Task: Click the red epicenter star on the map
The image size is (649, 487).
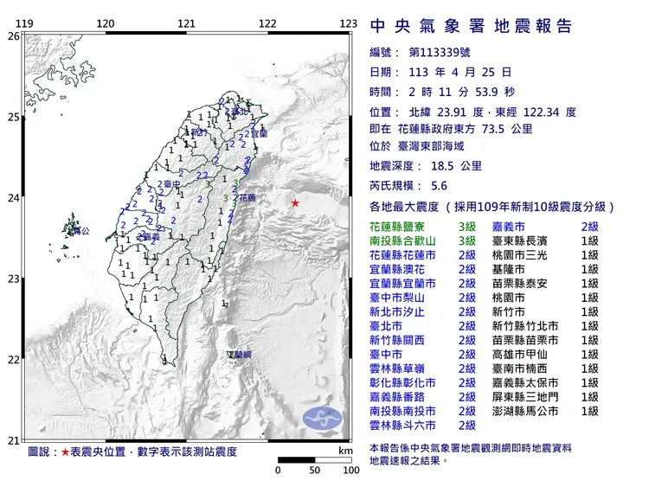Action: click(295, 203)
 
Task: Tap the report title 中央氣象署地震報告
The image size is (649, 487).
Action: click(483, 26)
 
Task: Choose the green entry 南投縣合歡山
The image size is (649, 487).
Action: click(404, 240)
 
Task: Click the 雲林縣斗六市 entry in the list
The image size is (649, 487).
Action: click(404, 426)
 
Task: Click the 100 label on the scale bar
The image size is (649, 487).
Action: click(350, 471)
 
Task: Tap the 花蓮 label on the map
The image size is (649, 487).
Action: click(247, 198)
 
